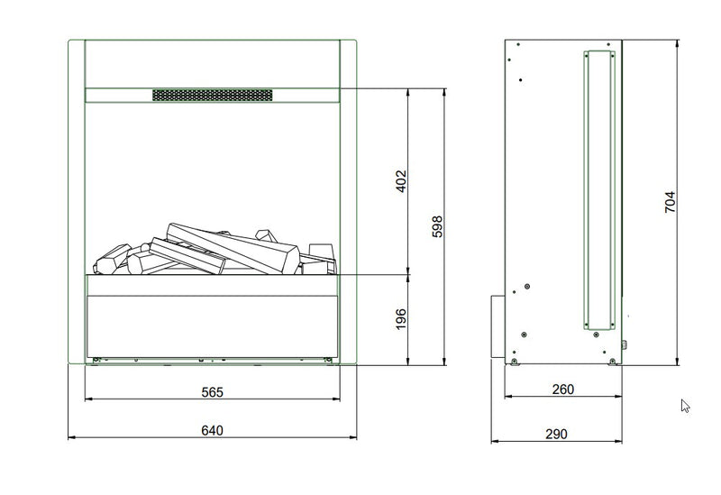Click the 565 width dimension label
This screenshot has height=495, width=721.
click(212, 392)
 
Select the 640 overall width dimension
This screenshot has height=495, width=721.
click(212, 430)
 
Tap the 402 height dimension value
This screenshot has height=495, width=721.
click(401, 181)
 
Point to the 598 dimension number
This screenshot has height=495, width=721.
click(437, 226)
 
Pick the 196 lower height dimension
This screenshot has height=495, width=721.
click(401, 319)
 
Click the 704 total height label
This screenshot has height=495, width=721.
click(670, 201)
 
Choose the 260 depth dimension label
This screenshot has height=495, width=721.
click(562, 390)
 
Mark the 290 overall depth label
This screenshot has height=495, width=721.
click(556, 434)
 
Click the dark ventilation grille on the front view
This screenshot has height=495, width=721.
click(213, 96)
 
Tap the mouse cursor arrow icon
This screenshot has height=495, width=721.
click(685, 406)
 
